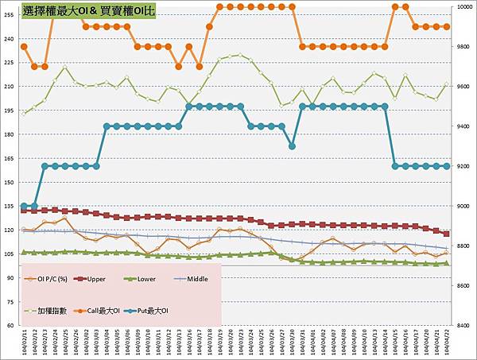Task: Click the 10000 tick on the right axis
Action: click(x=464, y=7)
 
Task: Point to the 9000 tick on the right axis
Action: click(x=463, y=206)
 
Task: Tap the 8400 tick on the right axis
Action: click(x=463, y=325)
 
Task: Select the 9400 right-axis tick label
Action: click(x=463, y=126)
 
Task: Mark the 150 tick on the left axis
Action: click(x=10, y=182)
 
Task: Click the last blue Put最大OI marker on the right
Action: click(x=447, y=166)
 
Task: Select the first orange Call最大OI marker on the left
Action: click(x=24, y=47)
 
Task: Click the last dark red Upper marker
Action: click(x=447, y=234)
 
